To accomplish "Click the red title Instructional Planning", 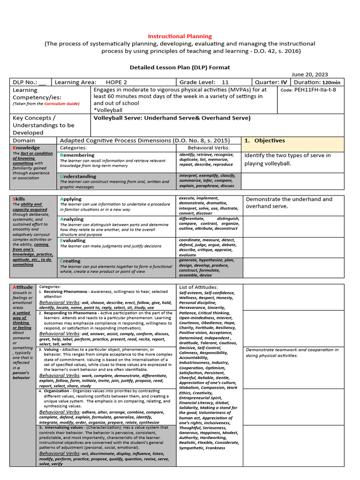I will [180, 36].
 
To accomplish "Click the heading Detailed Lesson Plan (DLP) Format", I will [180, 67].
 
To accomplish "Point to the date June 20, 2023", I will [309, 75].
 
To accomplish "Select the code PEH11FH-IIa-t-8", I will [315, 90].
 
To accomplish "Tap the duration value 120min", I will [331, 82].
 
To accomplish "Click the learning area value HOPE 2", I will [116, 82].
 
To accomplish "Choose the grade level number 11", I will [225, 82].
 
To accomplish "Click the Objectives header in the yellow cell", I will [270, 141].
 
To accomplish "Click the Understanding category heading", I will [79, 176].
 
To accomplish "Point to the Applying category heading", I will [71, 199].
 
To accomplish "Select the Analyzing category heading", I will [72, 219].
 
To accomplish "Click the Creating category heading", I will [70, 261].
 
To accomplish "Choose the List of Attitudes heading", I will [198, 287].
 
